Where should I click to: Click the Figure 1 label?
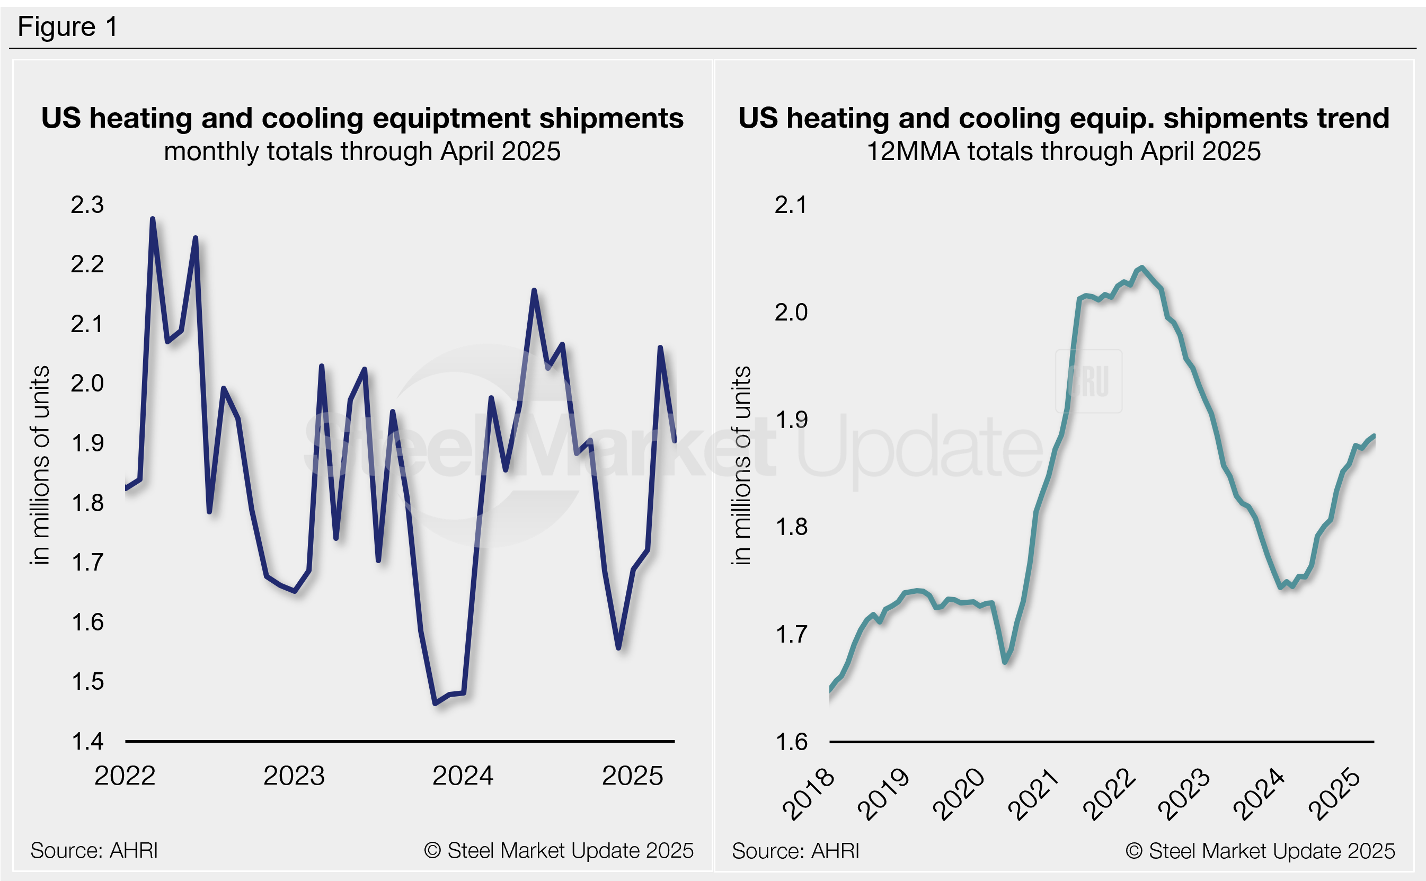click(68, 27)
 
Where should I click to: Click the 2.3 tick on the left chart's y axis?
click(87, 204)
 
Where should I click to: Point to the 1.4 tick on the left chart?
click(87, 741)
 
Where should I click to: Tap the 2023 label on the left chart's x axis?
click(294, 776)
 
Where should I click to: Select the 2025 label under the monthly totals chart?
click(632, 776)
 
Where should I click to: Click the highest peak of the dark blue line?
click(153, 219)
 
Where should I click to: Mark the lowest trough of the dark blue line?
click(435, 704)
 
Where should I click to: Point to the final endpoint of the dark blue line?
click(674, 441)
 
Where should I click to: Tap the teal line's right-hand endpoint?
click(1374, 436)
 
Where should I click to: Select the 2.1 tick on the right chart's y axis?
click(791, 204)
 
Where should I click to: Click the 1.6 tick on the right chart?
click(791, 742)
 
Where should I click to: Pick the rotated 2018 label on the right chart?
click(808, 794)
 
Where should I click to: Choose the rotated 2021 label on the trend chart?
click(1033, 794)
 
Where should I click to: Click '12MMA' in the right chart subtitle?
click(913, 152)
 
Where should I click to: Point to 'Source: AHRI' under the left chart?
click(94, 850)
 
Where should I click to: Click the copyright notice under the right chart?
click(1260, 851)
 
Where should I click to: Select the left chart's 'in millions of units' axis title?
click(40, 465)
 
